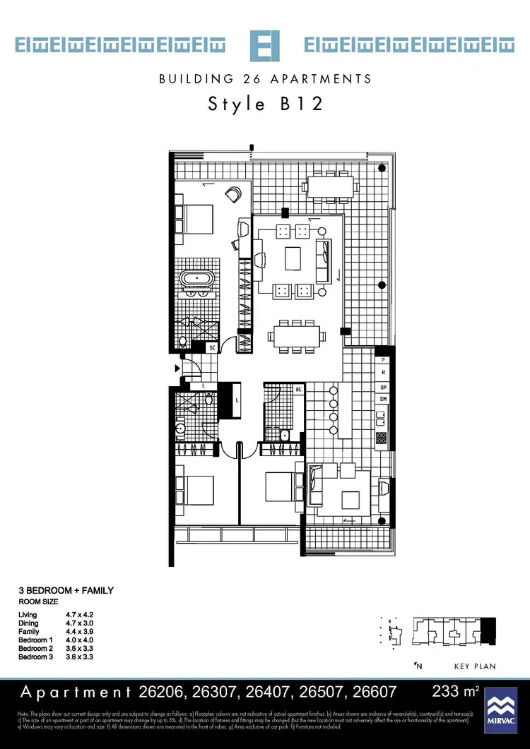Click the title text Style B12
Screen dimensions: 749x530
click(x=265, y=104)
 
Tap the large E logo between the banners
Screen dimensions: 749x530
click(x=265, y=46)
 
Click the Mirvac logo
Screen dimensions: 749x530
click(x=501, y=709)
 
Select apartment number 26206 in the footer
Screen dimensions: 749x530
click(x=167, y=692)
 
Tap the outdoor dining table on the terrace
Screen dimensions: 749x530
click(x=329, y=186)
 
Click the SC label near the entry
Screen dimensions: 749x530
click(x=211, y=347)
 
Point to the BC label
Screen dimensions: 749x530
click(x=299, y=390)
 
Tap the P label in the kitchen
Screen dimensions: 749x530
click(x=383, y=359)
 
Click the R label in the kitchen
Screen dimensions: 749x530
click(x=383, y=372)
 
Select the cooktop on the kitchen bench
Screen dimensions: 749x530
click(x=382, y=440)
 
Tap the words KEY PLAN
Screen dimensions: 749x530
click(x=475, y=666)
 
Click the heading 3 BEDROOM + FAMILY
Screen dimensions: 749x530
click(x=66, y=590)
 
